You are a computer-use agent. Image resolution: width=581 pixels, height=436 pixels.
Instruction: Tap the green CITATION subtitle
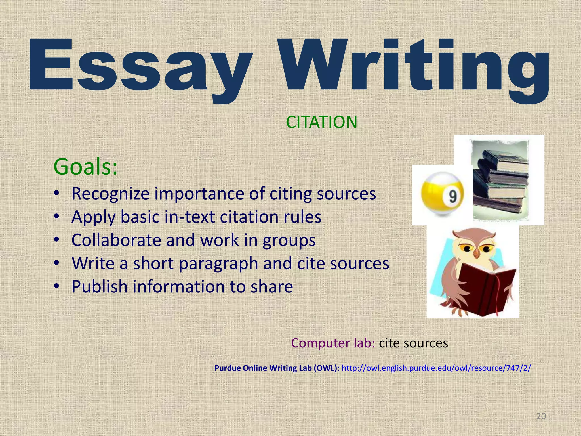pyautogui.click(x=321, y=122)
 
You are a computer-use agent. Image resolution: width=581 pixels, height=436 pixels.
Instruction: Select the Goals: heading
pyautogui.click(x=85, y=167)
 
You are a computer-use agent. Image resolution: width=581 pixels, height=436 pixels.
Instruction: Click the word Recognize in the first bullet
pyautogui.click(x=110, y=194)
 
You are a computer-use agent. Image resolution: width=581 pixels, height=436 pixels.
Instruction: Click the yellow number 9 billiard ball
pyautogui.click(x=442, y=195)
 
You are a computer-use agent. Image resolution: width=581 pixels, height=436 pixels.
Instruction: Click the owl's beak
pyautogui.click(x=477, y=253)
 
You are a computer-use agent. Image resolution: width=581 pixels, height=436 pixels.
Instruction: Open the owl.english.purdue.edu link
pyautogui.click(x=436, y=368)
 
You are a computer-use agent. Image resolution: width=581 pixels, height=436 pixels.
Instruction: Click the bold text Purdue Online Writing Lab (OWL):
pyautogui.click(x=277, y=368)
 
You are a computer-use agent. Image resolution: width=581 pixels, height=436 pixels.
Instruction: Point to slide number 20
pyautogui.click(x=541, y=416)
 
